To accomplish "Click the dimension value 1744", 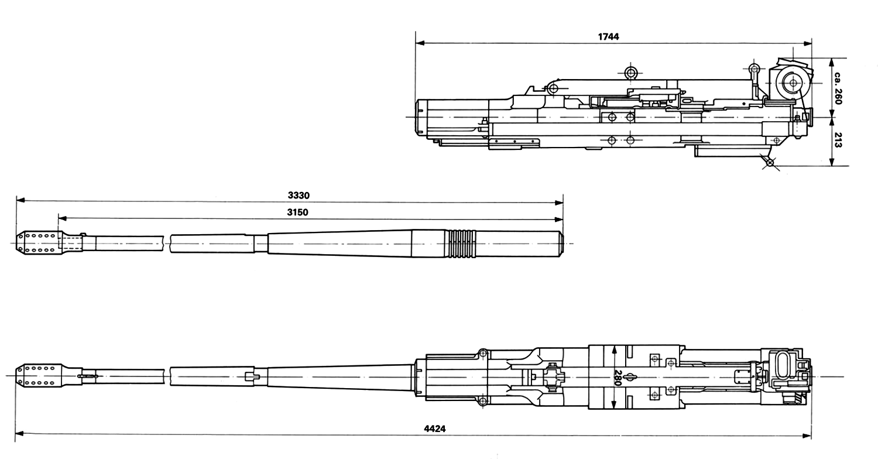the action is pos(608,36).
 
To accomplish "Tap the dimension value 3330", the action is pos(299,195).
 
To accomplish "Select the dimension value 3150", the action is pos(297,212).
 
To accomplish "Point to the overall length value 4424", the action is pos(435,429).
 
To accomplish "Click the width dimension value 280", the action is pos(618,378).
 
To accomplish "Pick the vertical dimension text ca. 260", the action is pos(838,88).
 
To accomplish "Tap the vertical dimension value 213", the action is pos(838,140).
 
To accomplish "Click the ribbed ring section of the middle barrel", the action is pos(462,244).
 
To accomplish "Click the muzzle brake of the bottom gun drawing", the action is pos(39,375).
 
